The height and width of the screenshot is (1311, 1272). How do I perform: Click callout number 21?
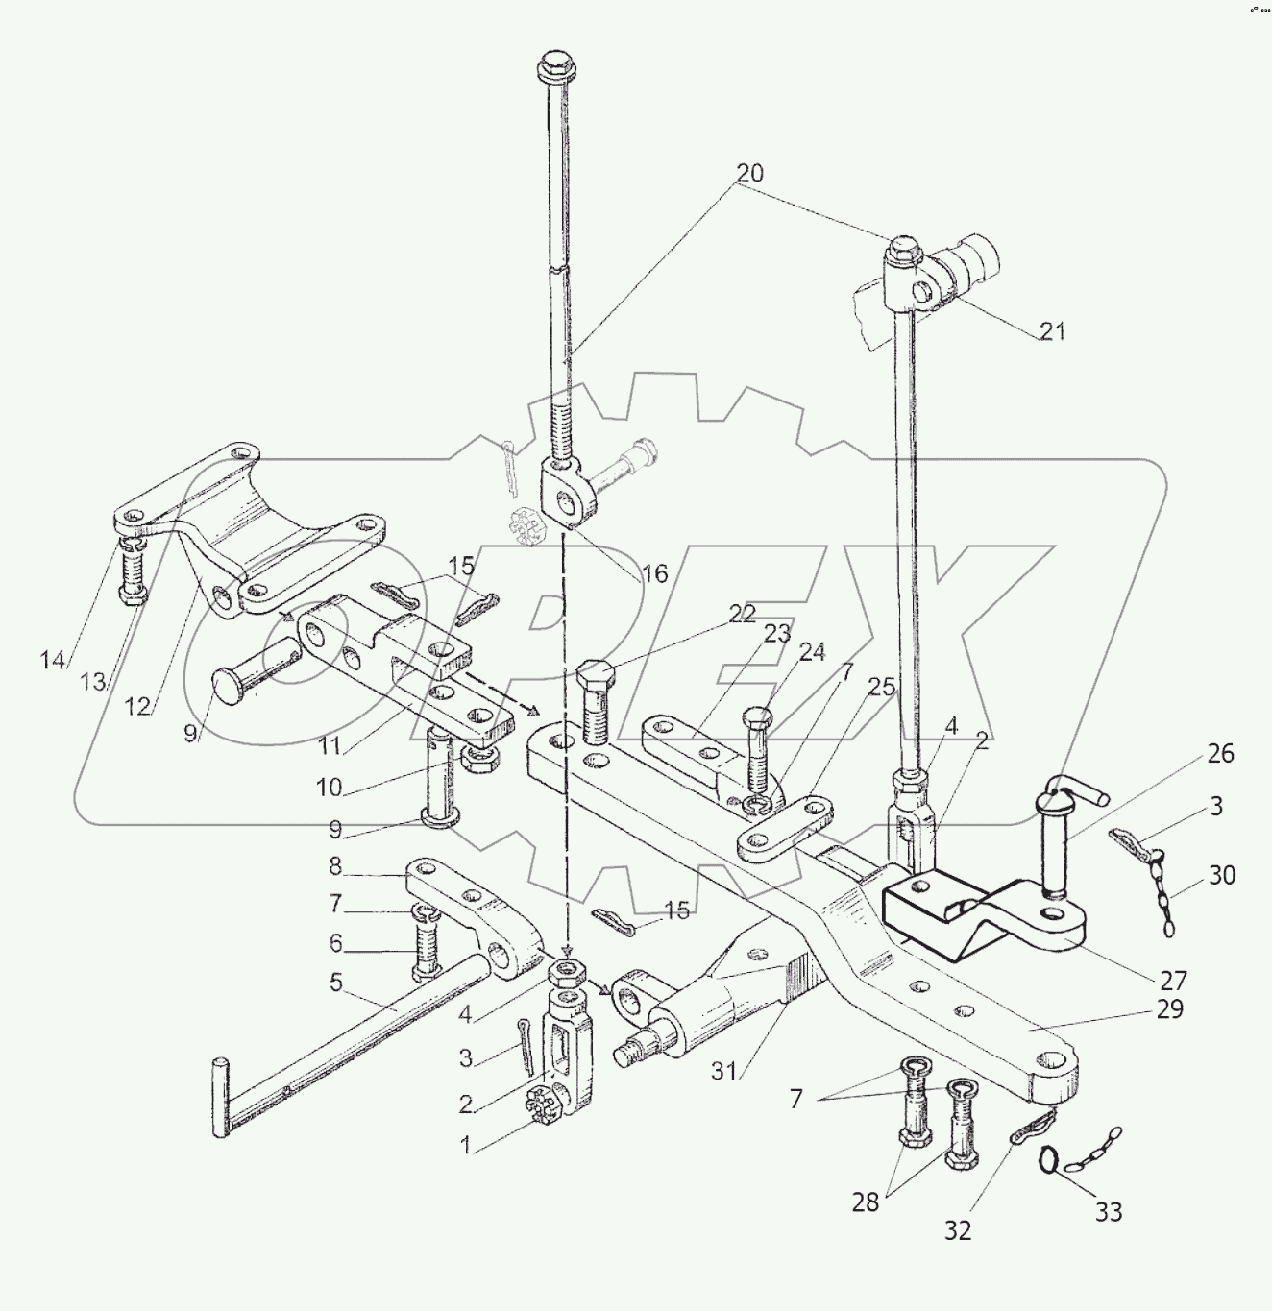(1053, 332)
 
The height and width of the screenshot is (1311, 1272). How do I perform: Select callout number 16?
(654, 574)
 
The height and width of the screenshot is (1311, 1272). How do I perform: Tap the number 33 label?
(1109, 1212)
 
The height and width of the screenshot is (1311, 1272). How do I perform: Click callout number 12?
(138, 706)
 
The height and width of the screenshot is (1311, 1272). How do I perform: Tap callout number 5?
(335, 983)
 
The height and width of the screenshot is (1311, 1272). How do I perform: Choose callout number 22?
(742, 614)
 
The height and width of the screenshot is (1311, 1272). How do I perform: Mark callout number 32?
(957, 1230)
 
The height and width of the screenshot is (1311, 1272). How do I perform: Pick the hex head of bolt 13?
(134, 595)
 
